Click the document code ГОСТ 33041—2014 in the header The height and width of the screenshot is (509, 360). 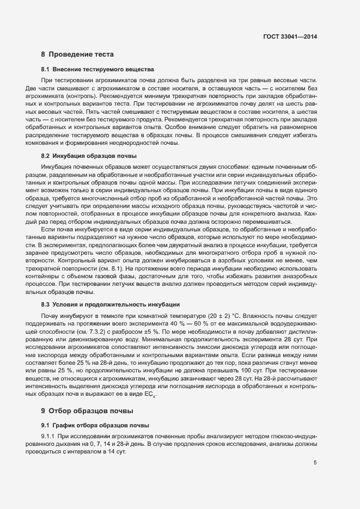(289, 36)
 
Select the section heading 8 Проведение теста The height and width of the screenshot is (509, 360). (78, 54)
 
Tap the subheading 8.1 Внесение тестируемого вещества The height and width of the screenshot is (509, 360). (97, 70)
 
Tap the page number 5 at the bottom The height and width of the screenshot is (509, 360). (315, 463)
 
